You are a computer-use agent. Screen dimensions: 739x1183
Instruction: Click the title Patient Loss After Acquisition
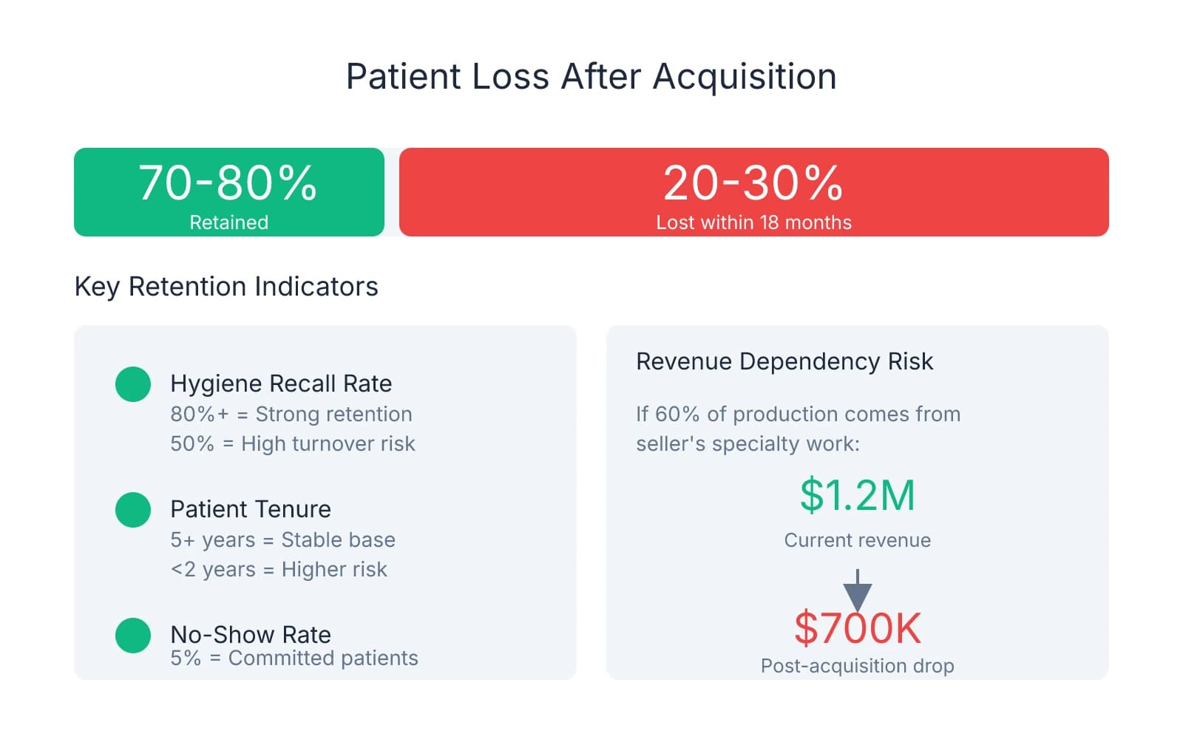tap(591, 76)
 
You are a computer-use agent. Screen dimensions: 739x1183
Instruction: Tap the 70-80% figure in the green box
tap(228, 183)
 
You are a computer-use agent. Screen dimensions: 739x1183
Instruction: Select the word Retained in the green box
tap(228, 222)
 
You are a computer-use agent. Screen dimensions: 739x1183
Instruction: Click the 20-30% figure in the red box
tap(753, 183)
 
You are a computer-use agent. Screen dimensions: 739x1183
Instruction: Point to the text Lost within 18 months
tap(753, 222)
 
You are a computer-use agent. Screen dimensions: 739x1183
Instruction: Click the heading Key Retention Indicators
tap(226, 287)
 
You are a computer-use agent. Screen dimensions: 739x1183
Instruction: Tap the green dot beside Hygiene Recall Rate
tap(133, 384)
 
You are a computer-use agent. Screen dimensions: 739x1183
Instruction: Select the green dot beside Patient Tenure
tap(133, 510)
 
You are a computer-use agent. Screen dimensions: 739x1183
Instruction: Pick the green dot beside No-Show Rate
tap(133, 636)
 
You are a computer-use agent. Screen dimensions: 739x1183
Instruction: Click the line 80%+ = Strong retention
tap(291, 414)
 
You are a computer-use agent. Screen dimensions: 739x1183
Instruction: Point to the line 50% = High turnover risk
tap(292, 443)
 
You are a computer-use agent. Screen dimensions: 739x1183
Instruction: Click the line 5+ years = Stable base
tap(282, 539)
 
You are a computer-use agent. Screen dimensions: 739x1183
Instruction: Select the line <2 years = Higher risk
tap(279, 569)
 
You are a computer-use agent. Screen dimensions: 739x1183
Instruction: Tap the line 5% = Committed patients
tap(294, 658)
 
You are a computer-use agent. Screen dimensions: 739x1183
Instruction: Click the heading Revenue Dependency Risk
tap(784, 361)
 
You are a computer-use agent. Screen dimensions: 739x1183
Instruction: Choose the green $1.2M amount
tap(857, 495)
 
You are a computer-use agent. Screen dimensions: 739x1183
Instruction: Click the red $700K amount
tap(857, 628)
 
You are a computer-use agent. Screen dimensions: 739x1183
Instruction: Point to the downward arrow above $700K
tap(857, 590)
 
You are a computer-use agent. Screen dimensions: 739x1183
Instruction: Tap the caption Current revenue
tap(857, 540)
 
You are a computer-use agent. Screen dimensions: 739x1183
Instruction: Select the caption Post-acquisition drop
tap(857, 666)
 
